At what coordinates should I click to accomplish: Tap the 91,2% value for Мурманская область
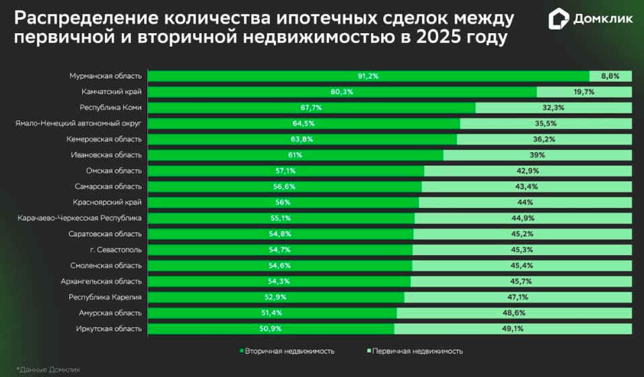point(368,76)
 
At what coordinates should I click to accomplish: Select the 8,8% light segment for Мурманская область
point(610,76)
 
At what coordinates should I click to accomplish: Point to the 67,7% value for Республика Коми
point(312,108)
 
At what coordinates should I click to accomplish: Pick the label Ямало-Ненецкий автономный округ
point(79,123)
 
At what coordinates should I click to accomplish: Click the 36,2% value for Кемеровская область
point(544,139)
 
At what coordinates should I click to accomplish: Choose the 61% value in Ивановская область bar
point(295,155)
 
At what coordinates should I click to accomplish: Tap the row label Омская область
point(114,171)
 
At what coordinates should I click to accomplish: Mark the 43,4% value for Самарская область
point(527,186)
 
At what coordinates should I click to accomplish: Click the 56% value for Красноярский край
point(283,202)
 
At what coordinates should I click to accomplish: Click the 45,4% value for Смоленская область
point(522,265)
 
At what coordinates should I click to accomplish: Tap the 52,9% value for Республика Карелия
point(276,297)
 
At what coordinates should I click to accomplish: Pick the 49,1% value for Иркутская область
point(513,329)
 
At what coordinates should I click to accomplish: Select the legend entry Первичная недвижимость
point(415,351)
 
